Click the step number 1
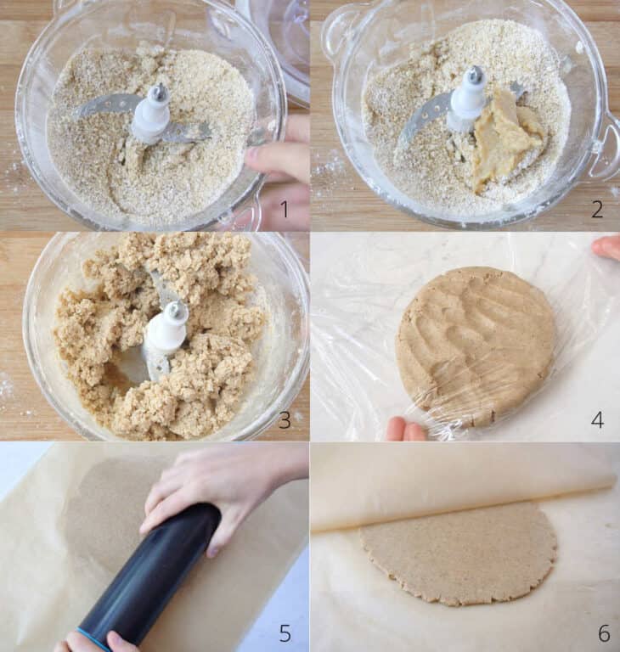click(285, 209)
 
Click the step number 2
click(597, 209)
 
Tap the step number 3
click(285, 419)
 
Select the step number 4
click(597, 419)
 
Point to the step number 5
click(285, 632)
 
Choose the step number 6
click(603, 632)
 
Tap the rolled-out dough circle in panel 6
click(459, 552)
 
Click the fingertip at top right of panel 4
click(606, 247)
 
